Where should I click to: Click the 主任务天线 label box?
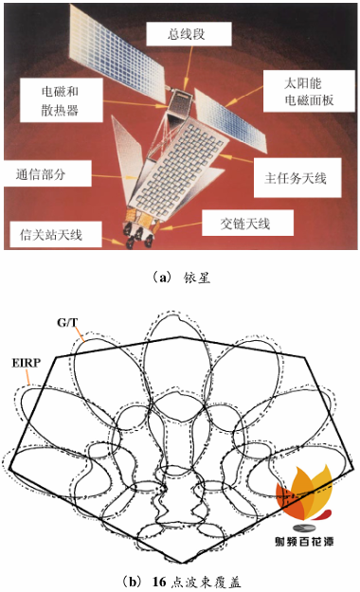click(x=296, y=176)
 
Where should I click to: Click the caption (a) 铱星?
click(x=179, y=277)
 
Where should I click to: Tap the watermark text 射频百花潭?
click(x=304, y=543)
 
